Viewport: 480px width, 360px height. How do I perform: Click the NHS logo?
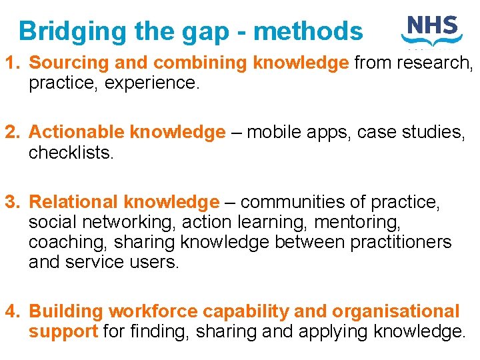pyautogui.click(x=431, y=30)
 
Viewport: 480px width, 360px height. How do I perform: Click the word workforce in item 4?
pyautogui.click(x=153, y=311)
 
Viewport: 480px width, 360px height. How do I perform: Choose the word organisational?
pyautogui.click(x=396, y=311)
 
